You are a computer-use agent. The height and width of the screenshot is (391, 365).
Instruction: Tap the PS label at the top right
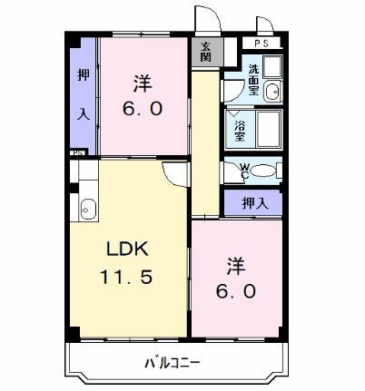pos(261,44)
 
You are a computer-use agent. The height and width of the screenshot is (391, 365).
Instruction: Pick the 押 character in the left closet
pos(83,76)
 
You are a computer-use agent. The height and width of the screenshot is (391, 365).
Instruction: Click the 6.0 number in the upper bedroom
pos(143,109)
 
